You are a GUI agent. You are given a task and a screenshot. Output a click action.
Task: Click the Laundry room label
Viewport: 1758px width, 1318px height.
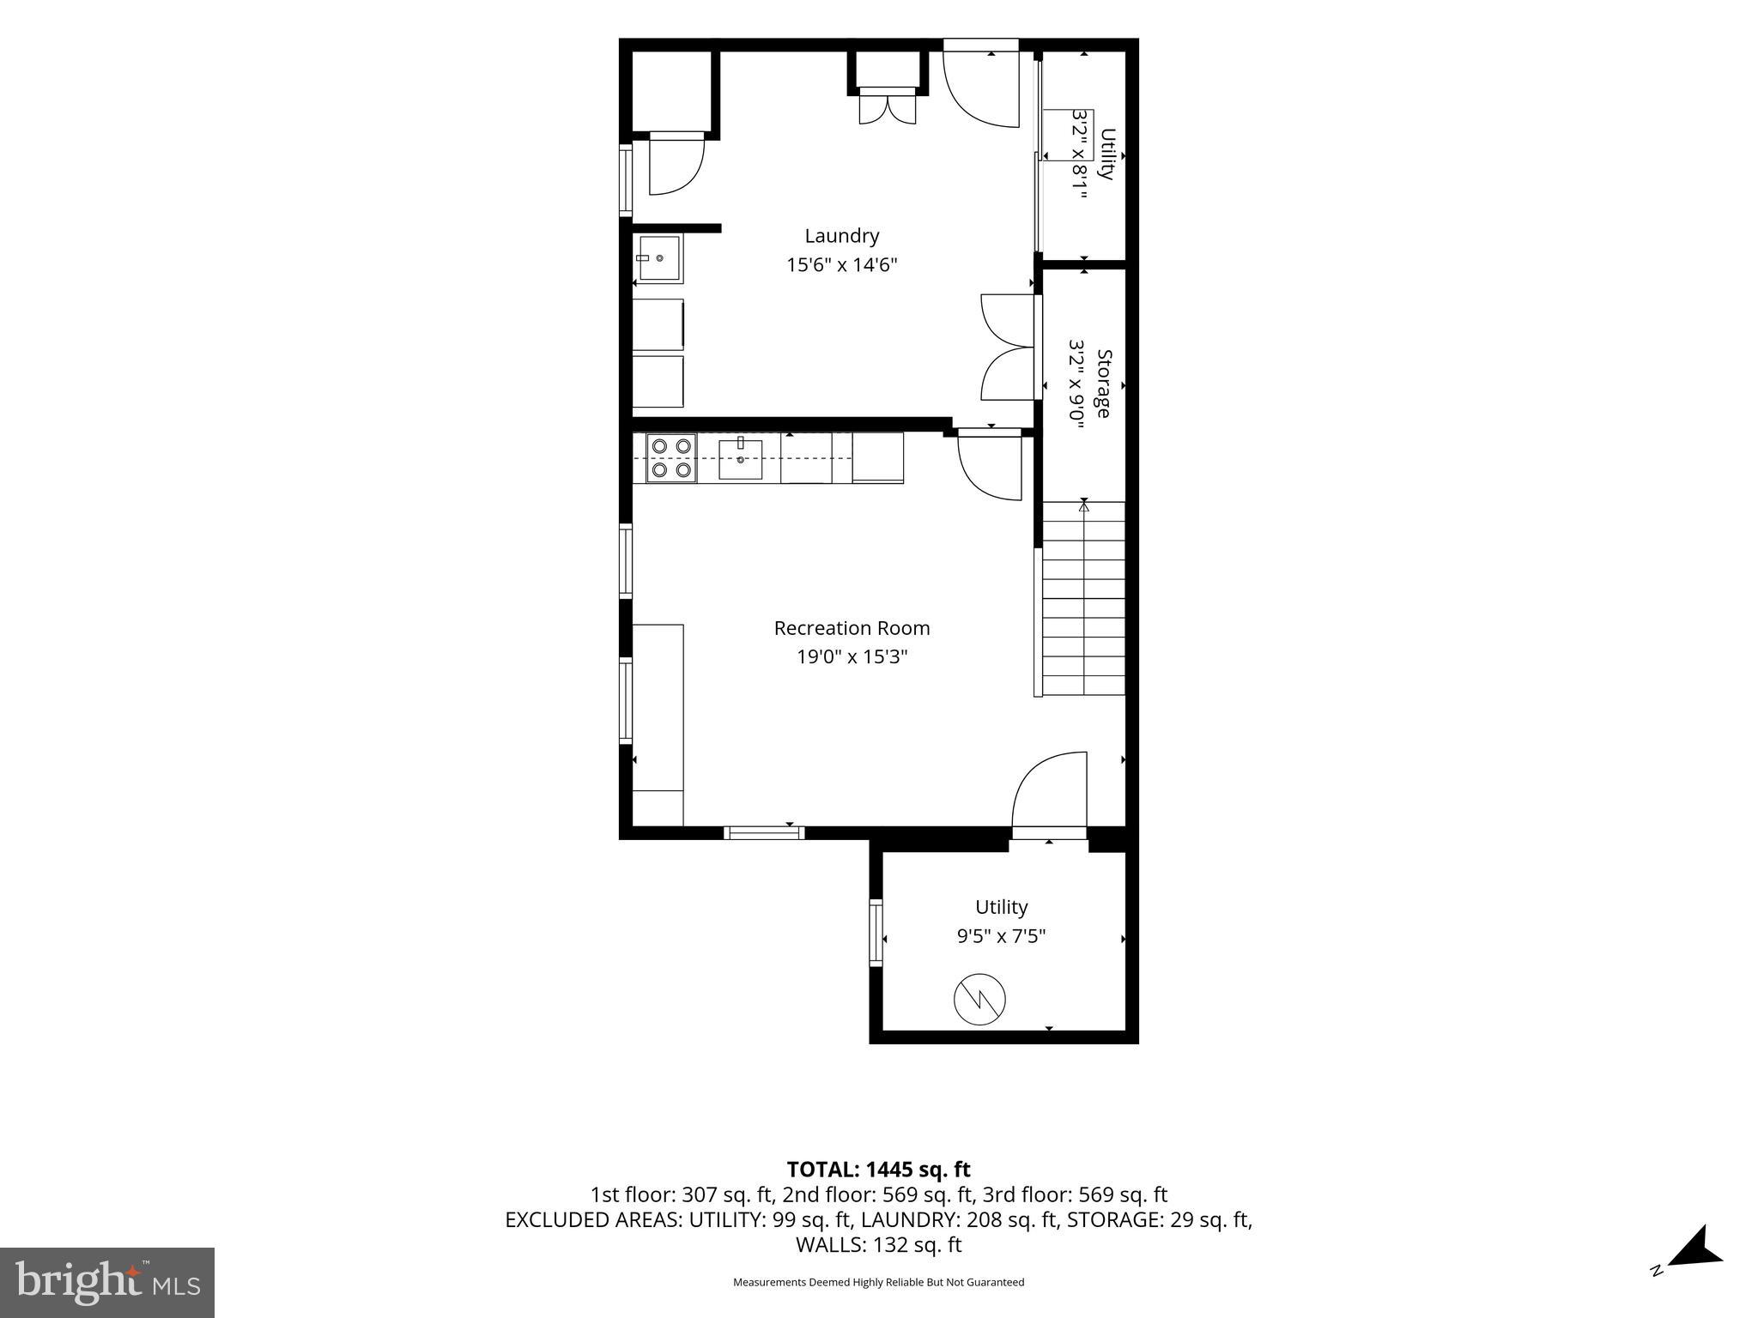[841, 236]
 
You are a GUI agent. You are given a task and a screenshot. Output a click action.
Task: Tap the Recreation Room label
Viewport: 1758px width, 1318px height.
[852, 628]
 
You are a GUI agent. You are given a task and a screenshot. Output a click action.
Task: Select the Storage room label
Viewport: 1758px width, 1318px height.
[1104, 384]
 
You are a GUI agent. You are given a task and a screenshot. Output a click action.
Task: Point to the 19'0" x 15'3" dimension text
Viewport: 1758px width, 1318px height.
[852, 657]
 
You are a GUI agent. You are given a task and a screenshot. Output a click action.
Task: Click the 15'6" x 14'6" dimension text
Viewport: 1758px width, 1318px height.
[841, 265]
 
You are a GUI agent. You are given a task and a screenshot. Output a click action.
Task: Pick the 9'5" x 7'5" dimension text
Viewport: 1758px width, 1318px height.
[1001, 936]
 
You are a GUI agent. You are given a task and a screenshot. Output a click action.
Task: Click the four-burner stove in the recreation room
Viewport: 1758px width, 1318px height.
[671, 458]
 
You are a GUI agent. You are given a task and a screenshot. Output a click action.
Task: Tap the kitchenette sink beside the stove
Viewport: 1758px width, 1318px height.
[740, 458]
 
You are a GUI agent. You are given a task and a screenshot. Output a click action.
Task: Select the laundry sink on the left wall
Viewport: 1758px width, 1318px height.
[659, 257]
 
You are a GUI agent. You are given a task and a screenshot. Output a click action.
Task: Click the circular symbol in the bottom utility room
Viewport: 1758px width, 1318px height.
[979, 999]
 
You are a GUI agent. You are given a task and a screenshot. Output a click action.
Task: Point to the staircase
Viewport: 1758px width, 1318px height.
[1082, 598]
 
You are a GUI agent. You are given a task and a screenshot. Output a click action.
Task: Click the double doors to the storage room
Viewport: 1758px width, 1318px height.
[1009, 347]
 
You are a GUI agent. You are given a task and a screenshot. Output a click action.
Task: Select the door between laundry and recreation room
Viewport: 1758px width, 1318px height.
[990, 464]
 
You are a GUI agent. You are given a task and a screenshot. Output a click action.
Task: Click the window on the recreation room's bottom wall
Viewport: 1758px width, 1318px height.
[764, 832]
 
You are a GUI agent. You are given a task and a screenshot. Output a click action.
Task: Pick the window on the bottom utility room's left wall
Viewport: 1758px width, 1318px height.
[876, 933]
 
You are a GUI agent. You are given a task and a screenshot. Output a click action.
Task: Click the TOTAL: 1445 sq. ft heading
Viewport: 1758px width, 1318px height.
[878, 1170]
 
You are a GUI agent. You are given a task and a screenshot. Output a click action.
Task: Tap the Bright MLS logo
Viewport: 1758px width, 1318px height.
[107, 1282]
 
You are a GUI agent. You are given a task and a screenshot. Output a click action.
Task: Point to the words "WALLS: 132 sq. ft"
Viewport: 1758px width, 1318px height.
[878, 1245]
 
